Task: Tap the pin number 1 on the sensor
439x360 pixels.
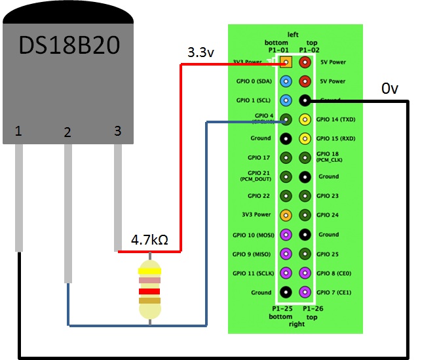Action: click(x=18, y=132)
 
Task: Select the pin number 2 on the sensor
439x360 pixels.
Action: click(x=67, y=132)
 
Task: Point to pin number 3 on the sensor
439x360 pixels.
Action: click(x=117, y=130)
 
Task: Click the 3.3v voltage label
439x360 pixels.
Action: click(x=200, y=52)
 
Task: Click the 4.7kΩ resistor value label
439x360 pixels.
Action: click(x=149, y=240)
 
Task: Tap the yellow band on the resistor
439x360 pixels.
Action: click(x=150, y=270)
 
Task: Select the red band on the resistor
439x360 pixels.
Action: click(x=150, y=291)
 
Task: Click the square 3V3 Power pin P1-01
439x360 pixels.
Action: click(x=286, y=62)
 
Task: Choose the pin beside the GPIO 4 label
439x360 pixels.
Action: click(x=286, y=119)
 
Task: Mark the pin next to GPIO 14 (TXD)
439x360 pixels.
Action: click(x=305, y=119)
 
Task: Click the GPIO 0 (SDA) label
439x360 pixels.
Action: click(x=254, y=81)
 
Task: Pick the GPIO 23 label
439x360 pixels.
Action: click(x=328, y=195)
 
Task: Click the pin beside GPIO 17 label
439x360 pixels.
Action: click(x=286, y=157)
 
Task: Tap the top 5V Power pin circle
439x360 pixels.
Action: click(x=305, y=62)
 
